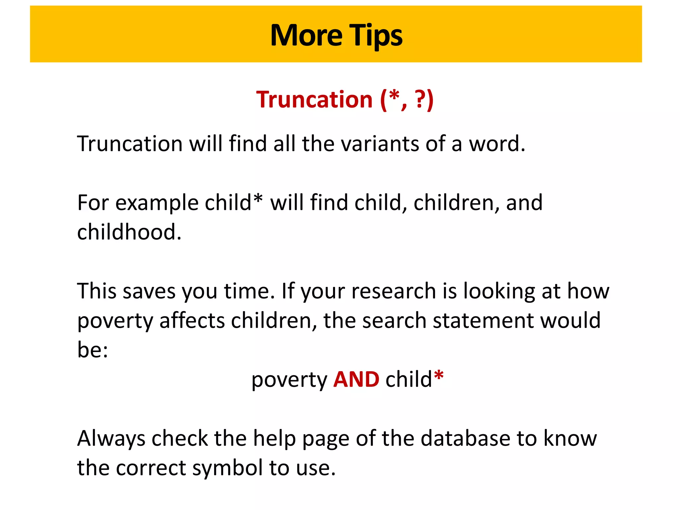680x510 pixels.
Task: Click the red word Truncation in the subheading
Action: (x=314, y=100)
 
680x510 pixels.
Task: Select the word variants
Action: (x=380, y=144)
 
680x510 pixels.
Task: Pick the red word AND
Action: (x=356, y=380)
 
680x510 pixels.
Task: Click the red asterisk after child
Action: (x=439, y=376)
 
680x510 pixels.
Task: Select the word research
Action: (x=393, y=291)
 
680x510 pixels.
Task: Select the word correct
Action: (x=151, y=468)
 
